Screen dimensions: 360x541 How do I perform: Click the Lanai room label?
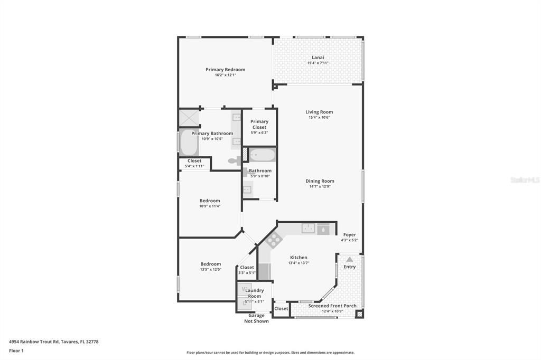point(318,58)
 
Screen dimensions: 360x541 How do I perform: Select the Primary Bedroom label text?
point(225,70)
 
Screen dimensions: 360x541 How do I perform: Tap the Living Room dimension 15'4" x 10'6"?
point(319,118)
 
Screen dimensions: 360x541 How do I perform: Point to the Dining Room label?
point(320,181)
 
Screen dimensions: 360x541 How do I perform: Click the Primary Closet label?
point(259,124)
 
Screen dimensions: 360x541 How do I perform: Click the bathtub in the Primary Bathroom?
point(188,142)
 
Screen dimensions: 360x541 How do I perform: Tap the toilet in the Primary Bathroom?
point(234,161)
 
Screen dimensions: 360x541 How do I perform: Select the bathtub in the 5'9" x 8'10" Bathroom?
point(262,155)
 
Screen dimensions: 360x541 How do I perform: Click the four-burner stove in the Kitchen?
point(274,241)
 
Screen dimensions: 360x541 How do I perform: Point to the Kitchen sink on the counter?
point(309,229)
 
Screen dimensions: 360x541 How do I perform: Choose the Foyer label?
point(349,235)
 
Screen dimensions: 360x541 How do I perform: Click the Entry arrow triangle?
point(349,259)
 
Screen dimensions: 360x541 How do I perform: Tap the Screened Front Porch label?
point(332,306)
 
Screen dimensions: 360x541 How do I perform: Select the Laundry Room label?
point(254,293)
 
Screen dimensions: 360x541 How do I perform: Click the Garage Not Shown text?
point(256,318)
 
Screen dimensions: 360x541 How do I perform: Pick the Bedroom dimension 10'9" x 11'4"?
point(210,206)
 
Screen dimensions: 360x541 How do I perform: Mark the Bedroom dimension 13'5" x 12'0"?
point(210,270)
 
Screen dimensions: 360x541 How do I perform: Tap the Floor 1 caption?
point(16,350)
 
